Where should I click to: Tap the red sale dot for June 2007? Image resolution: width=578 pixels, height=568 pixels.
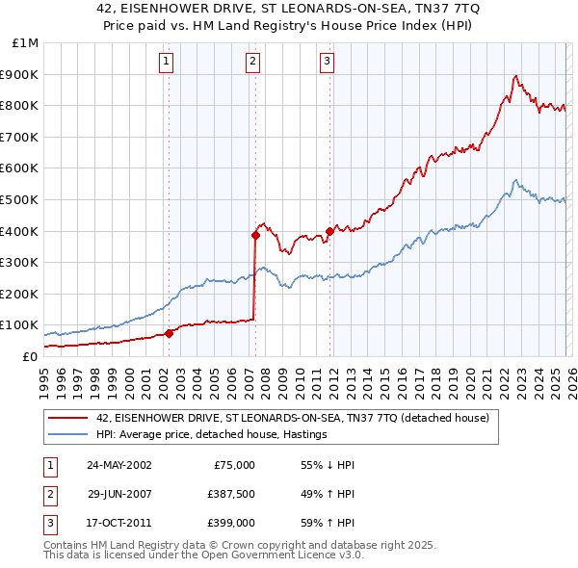tap(255, 234)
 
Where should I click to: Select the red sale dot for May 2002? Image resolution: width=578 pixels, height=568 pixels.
tap(169, 333)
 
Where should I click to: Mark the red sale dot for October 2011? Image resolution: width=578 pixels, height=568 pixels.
tap(329, 231)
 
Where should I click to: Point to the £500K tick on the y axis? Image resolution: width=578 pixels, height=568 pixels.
tap(21, 199)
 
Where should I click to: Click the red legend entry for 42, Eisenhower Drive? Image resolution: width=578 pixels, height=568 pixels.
tap(293, 418)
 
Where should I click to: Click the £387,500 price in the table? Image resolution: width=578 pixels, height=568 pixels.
tap(230, 496)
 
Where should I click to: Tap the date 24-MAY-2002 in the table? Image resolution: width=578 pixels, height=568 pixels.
tap(118, 465)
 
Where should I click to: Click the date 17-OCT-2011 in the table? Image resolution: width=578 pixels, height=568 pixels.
tap(118, 527)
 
